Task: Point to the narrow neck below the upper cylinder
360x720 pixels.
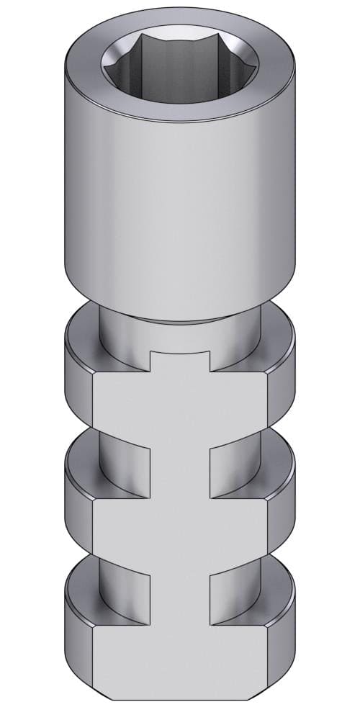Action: tap(179, 331)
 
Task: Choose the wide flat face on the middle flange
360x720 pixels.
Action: tap(179, 533)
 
